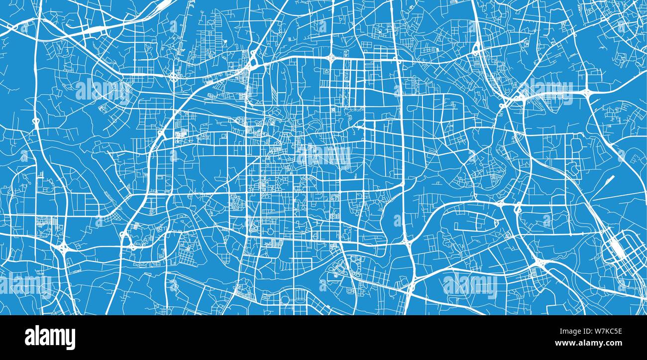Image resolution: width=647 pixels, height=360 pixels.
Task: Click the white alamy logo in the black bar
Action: click(50, 337)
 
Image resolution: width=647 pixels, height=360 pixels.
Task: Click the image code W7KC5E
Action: click(592, 330)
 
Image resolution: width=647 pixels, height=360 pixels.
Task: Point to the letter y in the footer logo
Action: click(71, 339)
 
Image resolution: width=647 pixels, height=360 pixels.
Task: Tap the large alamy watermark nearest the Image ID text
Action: click(469, 286)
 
